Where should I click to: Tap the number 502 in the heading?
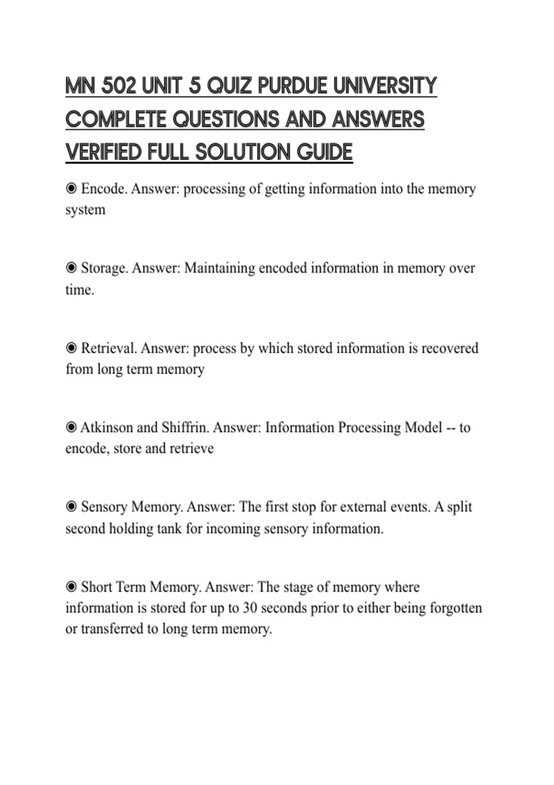pos(118,86)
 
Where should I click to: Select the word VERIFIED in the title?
pos(103,152)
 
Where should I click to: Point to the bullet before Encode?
pos(71,188)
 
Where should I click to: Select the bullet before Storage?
pos(71,268)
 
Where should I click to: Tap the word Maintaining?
pos(219,268)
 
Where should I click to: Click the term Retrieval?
pos(109,348)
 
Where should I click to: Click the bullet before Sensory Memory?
pos(71,507)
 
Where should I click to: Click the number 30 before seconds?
pos(250,608)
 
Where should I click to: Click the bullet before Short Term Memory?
pos(71,586)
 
